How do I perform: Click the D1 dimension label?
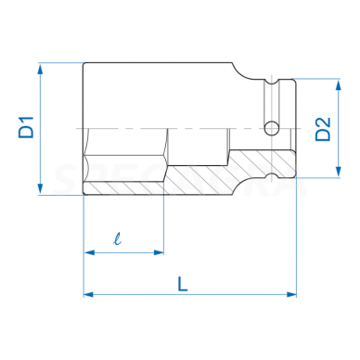pyautogui.click(x=26, y=127)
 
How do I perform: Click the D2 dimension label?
pyautogui.click(x=323, y=129)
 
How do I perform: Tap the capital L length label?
pyautogui.click(x=183, y=284)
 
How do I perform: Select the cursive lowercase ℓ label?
pyautogui.click(x=118, y=239)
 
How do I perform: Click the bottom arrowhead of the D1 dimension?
pyautogui.click(x=40, y=188)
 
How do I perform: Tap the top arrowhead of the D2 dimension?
pyautogui.click(x=339, y=84)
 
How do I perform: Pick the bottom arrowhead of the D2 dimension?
pyautogui.click(x=339, y=172)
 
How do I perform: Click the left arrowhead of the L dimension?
pyautogui.click(x=89, y=294)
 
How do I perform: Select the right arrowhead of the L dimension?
pyautogui.click(x=291, y=294)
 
